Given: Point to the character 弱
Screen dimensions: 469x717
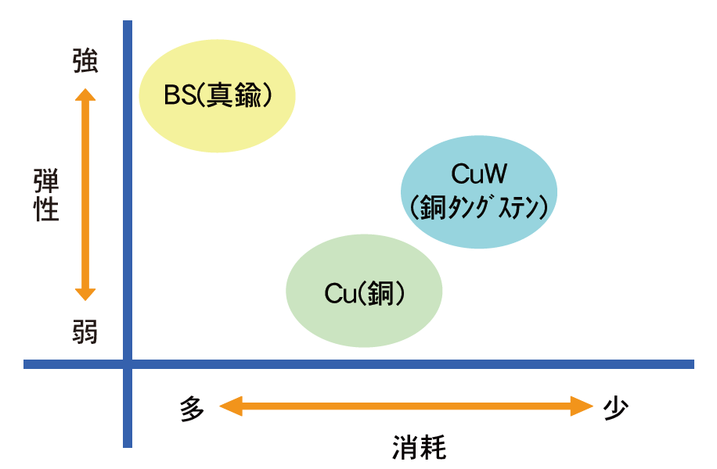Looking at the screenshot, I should pos(85,331).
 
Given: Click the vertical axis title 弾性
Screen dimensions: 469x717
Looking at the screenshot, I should pos(47,195).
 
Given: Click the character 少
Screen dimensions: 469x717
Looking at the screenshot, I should pos(616,407).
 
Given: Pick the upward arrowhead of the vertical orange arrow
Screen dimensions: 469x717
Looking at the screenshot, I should pos(85,95).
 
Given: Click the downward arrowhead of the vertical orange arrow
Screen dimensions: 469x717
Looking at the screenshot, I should pos(85,295).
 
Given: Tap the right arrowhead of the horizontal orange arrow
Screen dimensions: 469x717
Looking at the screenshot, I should pos(582,406).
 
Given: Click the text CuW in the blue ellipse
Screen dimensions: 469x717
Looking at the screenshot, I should pos(480,174).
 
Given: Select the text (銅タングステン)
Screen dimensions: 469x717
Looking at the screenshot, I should pos(480,207).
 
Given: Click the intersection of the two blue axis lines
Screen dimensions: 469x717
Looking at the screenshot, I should pos(128,363).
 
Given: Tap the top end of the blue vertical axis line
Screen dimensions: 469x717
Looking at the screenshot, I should pos(128,23).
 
